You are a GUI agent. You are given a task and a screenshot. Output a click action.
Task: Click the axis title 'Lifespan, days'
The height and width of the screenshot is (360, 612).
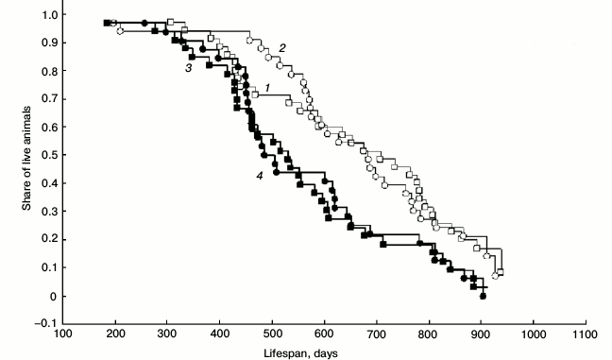pyautogui.click(x=308, y=352)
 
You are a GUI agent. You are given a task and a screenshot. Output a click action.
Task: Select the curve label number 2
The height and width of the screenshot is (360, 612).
pyautogui.click(x=280, y=46)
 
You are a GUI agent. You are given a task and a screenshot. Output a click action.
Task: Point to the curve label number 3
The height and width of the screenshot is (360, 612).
pyautogui.click(x=189, y=68)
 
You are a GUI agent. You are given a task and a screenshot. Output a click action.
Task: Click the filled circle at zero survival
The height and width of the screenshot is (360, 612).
pyautogui.click(x=483, y=296)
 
